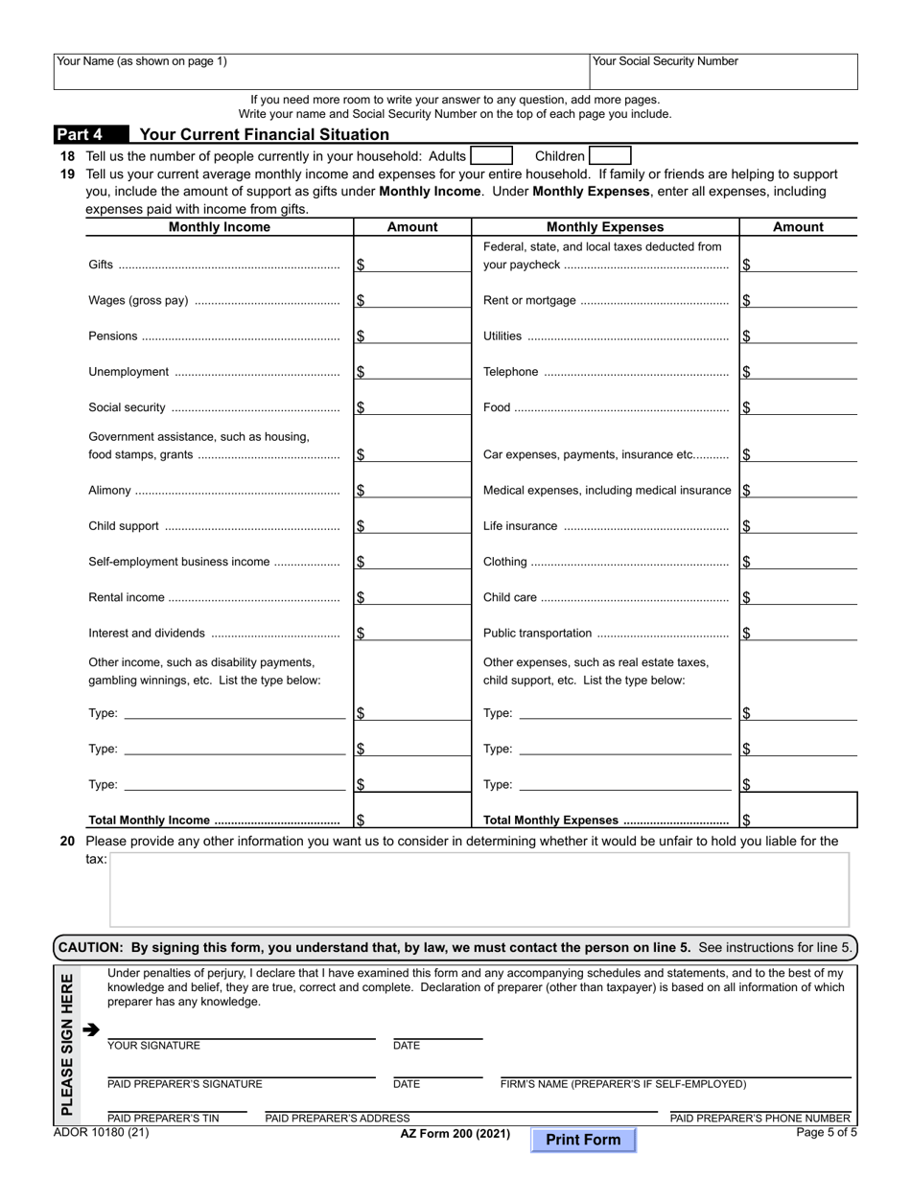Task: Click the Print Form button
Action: click(x=583, y=1140)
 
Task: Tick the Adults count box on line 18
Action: click(x=491, y=156)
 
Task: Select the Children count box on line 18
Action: click(x=610, y=156)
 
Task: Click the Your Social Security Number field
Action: click(x=724, y=72)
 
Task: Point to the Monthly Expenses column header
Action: click(x=604, y=227)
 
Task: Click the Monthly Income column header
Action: click(x=220, y=227)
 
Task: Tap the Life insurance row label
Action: click(x=520, y=526)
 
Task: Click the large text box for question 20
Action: click(x=479, y=890)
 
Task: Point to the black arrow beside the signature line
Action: click(x=91, y=1030)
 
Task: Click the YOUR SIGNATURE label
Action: click(x=153, y=1046)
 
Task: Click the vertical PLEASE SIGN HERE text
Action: click(x=66, y=1044)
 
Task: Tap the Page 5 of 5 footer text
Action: click(x=827, y=1132)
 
